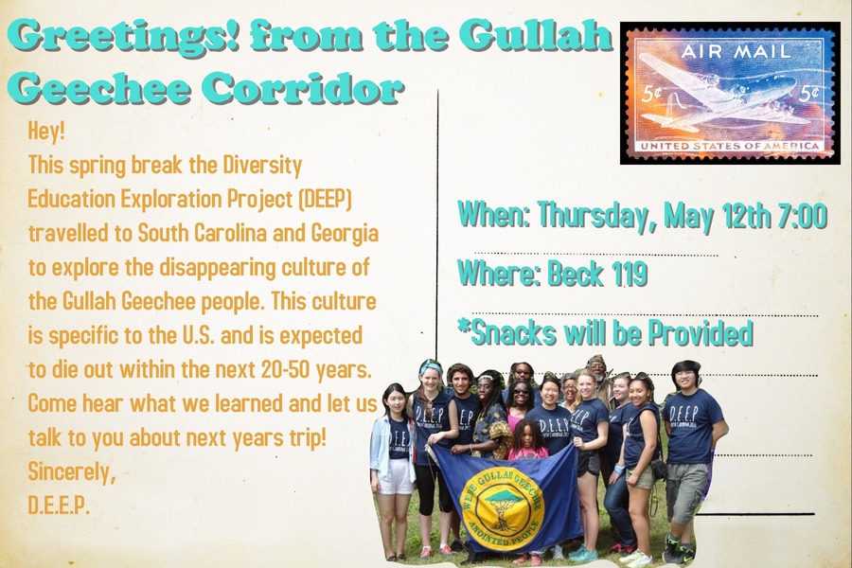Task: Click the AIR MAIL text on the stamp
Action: [x=736, y=52]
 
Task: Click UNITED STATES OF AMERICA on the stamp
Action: [x=730, y=146]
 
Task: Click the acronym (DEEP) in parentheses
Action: [x=325, y=200]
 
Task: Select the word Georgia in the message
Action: [x=345, y=234]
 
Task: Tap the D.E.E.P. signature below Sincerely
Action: [x=58, y=506]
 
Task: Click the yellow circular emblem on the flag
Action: [x=501, y=506]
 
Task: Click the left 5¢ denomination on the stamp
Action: [x=651, y=94]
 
